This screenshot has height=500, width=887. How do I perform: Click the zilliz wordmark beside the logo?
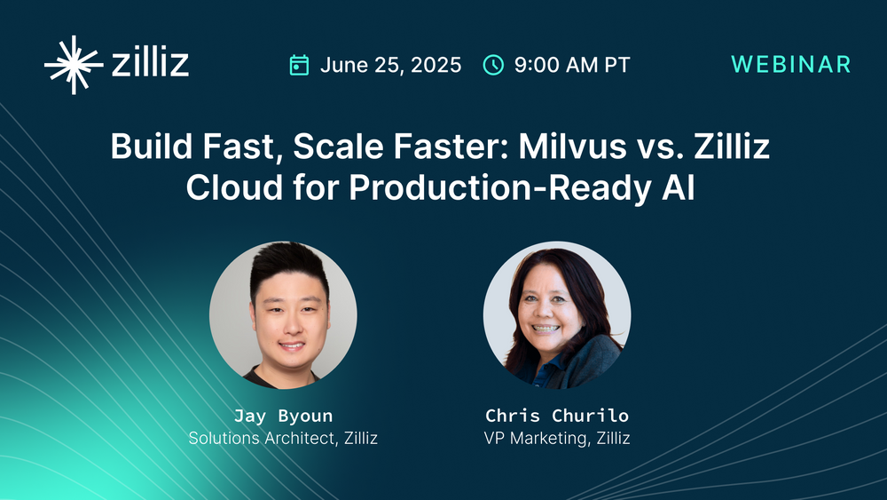[151, 64]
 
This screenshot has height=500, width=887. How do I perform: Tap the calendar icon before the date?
[300, 65]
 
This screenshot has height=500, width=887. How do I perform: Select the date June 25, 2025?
[390, 65]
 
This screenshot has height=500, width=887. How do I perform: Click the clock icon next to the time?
[492, 65]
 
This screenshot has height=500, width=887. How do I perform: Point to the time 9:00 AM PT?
[571, 65]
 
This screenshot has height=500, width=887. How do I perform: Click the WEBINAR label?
[790, 64]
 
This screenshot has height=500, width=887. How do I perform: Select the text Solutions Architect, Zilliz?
[283, 438]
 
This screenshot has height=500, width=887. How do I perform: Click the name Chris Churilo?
[557, 416]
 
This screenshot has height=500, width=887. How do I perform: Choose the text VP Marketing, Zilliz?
[557, 438]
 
